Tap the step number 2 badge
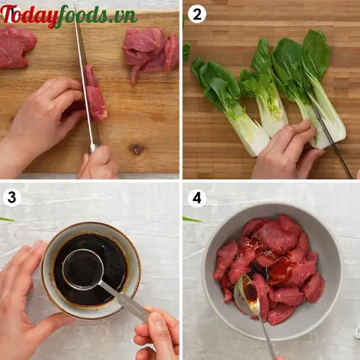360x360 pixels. (x=196, y=14)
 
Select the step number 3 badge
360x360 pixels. (x=11, y=198)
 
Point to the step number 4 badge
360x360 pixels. (x=196, y=198)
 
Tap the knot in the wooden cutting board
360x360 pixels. (x=136, y=149)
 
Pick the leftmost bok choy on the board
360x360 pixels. (x=229, y=105)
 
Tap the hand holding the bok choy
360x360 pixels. (x=285, y=154)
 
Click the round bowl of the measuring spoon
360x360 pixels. (x=82, y=268)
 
